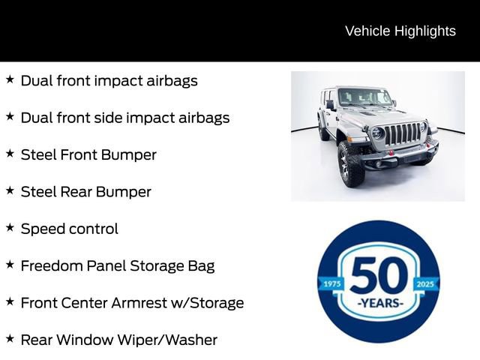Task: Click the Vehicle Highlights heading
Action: [x=400, y=31]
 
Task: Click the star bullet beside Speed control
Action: [x=10, y=227]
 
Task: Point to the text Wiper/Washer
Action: [x=170, y=340]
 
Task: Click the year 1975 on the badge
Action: [x=331, y=284]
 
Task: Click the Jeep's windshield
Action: [x=364, y=97]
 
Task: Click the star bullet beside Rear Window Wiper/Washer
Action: [x=10, y=338]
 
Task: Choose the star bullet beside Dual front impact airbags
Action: [x=10, y=79]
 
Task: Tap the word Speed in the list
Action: [x=43, y=229]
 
